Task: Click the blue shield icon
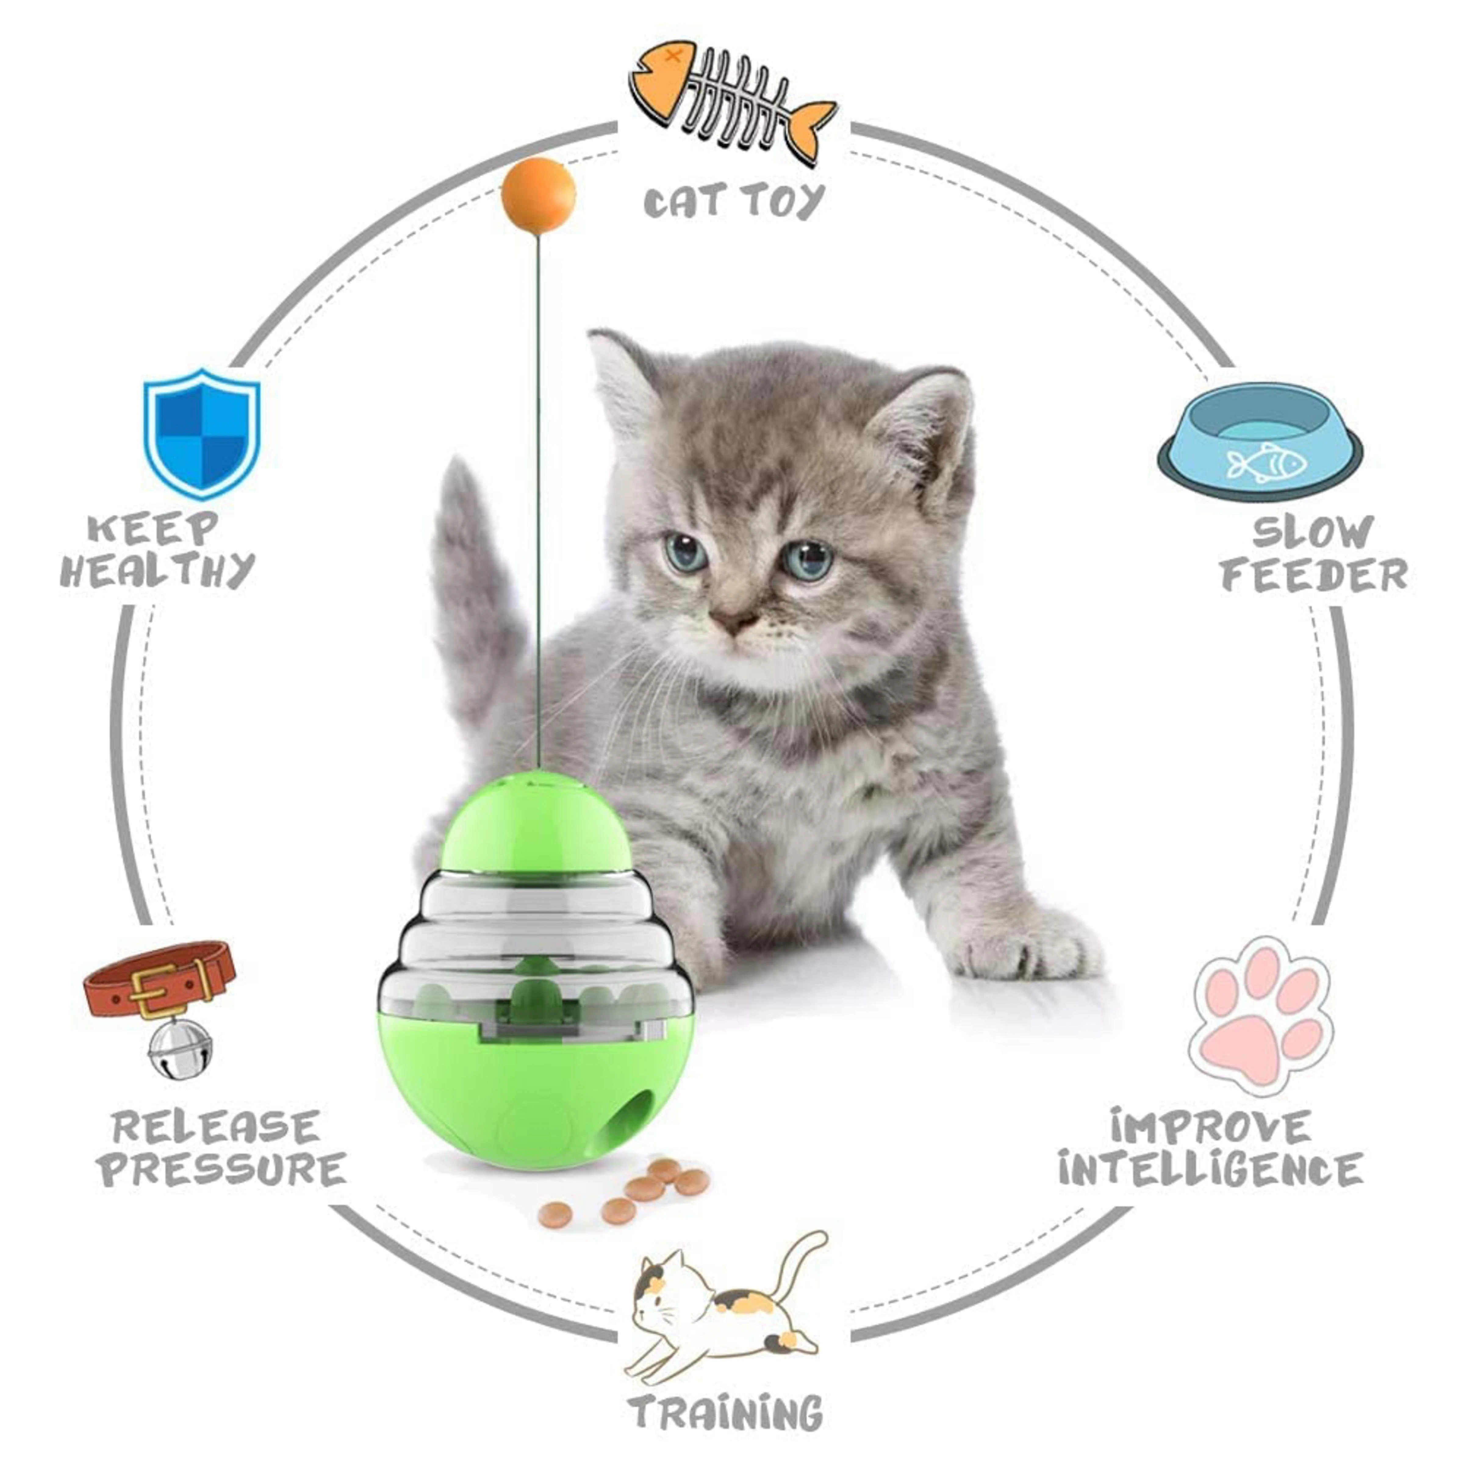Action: tap(202, 433)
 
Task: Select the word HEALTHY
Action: tap(158, 570)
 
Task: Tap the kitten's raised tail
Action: tap(475, 591)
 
